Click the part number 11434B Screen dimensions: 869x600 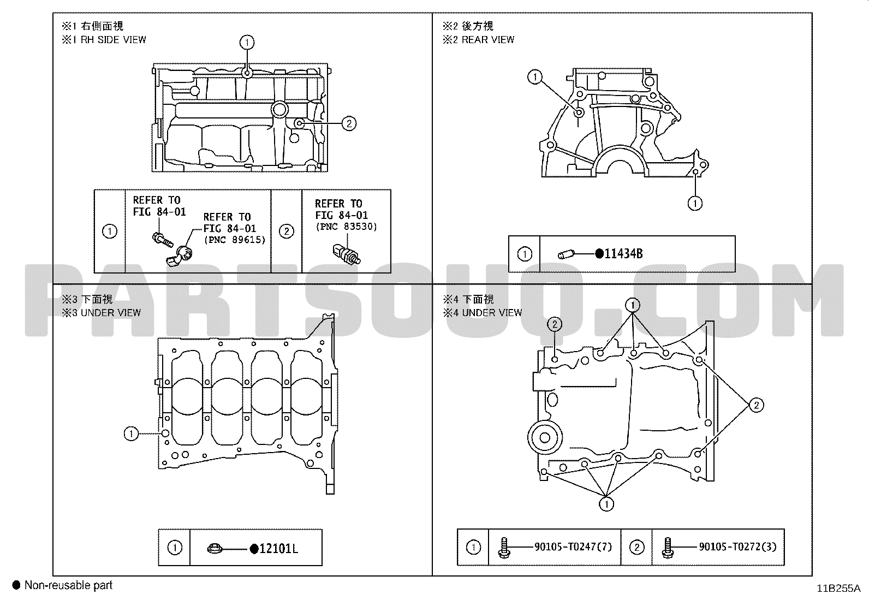point(623,254)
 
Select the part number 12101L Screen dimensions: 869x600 point(278,548)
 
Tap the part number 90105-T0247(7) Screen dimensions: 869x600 point(573,546)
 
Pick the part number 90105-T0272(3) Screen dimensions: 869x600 point(737,546)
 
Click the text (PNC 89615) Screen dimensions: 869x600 point(235,240)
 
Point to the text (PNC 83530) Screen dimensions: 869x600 point(346,227)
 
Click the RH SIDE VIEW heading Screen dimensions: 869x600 point(114,40)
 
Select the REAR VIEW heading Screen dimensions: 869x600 point(487,40)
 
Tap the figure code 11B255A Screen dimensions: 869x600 point(838,589)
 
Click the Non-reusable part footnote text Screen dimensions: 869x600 point(68,585)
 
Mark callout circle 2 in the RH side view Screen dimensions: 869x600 point(349,123)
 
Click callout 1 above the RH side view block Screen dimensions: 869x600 point(247,42)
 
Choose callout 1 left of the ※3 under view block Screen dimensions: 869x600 point(131,433)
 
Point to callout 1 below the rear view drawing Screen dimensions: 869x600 point(695,203)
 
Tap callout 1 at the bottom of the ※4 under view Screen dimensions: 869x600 point(606,504)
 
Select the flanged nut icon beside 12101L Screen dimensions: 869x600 point(215,548)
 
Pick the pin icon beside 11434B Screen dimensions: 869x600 point(566,254)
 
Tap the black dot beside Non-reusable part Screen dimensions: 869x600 point(16,585)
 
